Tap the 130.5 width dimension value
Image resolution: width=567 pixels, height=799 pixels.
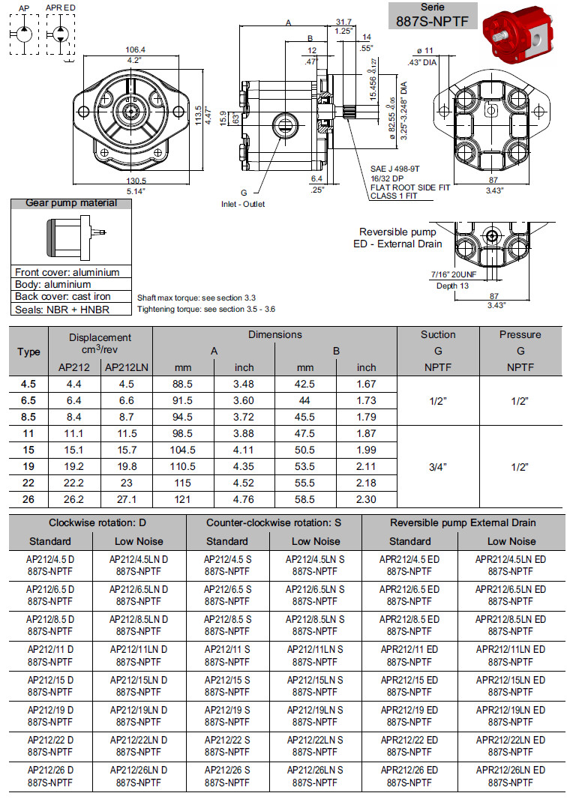[x=135, y=181]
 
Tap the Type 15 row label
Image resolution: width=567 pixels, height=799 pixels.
[x=28, y=449]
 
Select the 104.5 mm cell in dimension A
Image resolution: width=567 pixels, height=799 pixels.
[x=183, y=449]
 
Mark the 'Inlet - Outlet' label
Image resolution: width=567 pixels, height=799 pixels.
[x=243, y=204]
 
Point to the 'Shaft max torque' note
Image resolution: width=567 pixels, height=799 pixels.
[x=184, y=298]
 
